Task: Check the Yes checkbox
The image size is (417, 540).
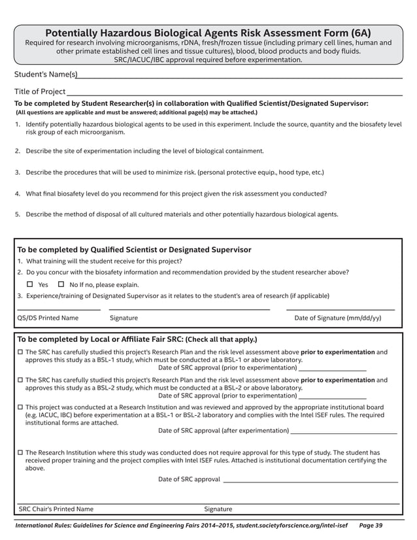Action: [29, 284]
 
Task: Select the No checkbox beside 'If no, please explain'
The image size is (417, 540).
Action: [61, 284]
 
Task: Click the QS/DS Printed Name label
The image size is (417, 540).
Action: [47, 318]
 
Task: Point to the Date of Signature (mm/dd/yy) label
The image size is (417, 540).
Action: [338, 318]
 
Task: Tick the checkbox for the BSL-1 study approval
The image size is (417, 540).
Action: [20, 352]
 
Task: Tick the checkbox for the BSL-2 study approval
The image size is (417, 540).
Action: [20, 380]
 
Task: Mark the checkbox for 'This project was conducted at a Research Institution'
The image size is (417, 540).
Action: [20, 407]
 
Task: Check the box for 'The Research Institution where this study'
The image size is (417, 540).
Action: [20, 452]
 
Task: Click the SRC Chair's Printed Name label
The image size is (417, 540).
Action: [56, 509]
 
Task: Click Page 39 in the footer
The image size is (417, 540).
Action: [371, 525]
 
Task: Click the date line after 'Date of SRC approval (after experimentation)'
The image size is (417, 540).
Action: [343, 433]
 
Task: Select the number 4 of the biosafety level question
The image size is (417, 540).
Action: [17, 194]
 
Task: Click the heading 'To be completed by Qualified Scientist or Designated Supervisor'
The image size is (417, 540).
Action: [134, 250]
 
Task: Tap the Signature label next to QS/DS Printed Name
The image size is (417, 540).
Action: [124, 318]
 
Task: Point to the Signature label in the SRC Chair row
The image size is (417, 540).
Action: [218, 509]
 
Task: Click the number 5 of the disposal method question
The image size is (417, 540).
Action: [17, 214]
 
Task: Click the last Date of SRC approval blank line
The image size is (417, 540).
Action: [310, 482]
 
